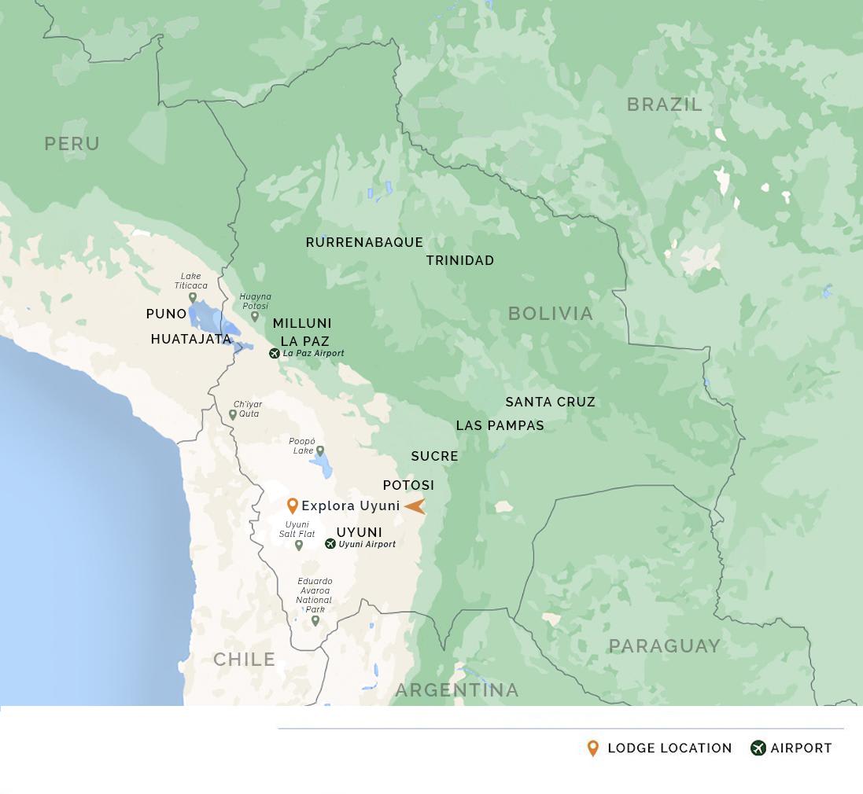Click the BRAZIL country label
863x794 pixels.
664,105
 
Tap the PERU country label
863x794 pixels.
72,144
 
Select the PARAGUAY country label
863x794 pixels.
665,646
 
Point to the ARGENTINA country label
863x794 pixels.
457,690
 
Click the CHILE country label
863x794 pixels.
245,660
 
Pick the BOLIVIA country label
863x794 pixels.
551,314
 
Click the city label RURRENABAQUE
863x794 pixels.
364,242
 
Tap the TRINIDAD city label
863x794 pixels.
460,260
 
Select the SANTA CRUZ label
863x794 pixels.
550,402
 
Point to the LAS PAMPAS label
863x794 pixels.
500,425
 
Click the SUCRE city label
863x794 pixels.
434,456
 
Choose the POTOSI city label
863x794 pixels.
408,485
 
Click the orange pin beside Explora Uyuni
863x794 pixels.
293,505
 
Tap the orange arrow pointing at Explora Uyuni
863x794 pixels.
415,506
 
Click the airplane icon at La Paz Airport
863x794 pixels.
275,354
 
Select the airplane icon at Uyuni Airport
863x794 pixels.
330,544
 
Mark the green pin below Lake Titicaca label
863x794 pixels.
193,297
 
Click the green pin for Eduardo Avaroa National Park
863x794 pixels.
315,620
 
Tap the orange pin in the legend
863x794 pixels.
593,748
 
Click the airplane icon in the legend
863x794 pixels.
758,748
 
